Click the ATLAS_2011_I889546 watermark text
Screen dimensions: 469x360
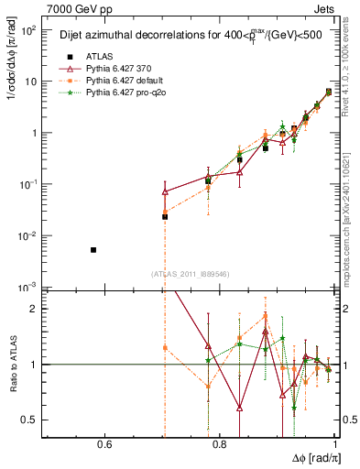click(191, 273)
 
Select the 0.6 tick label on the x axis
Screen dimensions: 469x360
click(104, 445)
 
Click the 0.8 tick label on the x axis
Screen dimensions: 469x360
click(220, 445)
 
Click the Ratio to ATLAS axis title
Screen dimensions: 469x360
click(11, 364)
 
